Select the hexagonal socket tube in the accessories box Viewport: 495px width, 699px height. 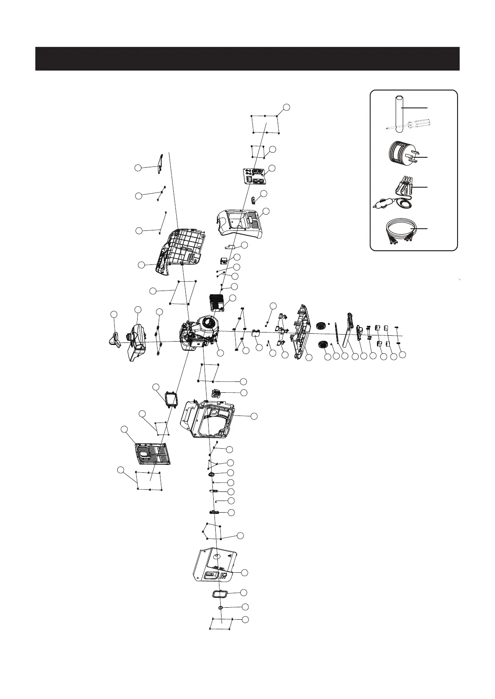tap(399, 113)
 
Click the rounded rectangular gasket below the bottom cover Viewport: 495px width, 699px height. tap(218, 594)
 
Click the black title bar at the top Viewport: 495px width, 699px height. tap(247, 59)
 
